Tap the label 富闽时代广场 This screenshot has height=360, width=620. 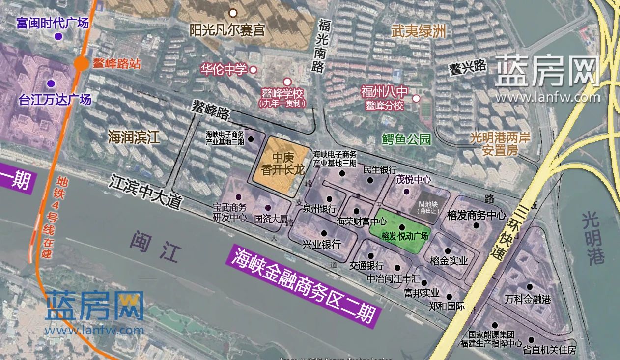52,23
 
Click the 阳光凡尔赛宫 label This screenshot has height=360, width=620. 227,30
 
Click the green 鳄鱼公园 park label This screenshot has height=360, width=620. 406,139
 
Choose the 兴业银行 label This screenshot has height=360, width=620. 321,245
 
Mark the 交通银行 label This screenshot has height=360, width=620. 366,266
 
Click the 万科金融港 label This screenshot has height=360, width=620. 528,299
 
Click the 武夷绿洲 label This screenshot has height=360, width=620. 419,32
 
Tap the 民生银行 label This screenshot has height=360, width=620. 380,170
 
